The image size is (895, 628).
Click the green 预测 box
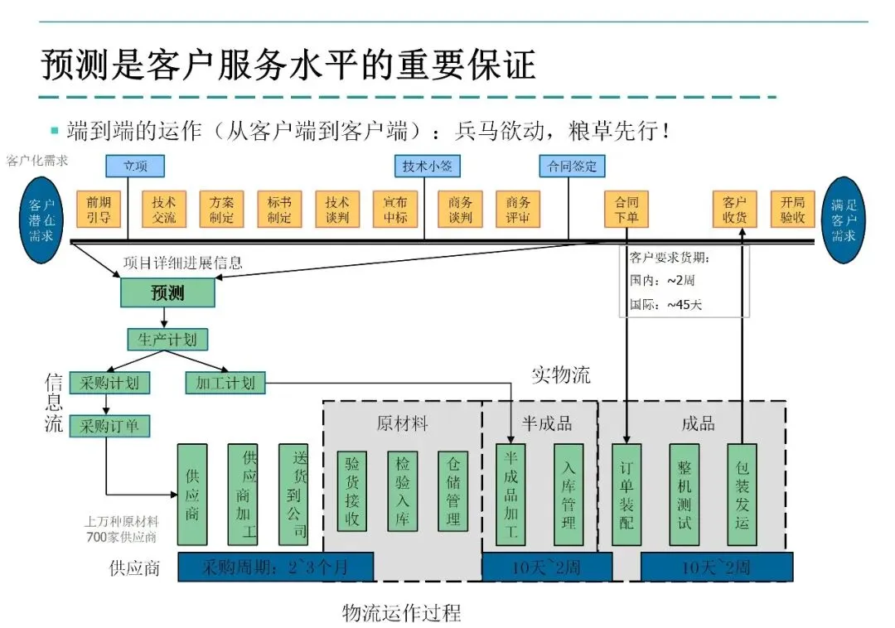167,292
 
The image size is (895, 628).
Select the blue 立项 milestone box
135,167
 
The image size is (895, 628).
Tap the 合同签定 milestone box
572,167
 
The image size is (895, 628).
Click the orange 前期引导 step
99,210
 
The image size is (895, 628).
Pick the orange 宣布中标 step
395,210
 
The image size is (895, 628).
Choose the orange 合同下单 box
626,210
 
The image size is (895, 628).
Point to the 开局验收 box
792,210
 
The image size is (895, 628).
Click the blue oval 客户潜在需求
41,220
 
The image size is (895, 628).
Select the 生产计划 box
167,339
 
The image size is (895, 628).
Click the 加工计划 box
225,383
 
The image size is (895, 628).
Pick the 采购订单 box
109,426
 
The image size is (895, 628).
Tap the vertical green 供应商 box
192,495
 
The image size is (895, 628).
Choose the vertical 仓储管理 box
453,490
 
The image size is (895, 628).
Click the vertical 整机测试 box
684,495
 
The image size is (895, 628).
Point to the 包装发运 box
742,495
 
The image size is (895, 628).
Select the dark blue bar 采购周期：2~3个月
275,568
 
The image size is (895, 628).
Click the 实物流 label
561,374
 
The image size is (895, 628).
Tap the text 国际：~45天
666,304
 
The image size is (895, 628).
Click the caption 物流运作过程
401,613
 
